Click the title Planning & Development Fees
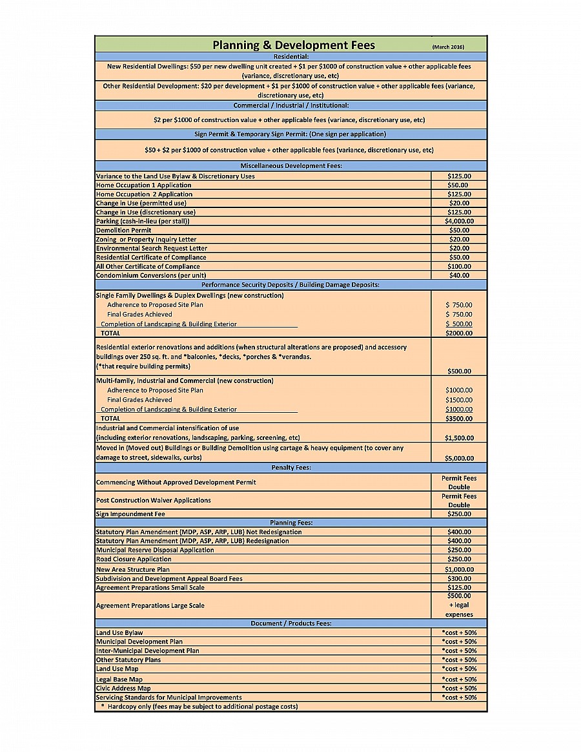click(x=294, y=45)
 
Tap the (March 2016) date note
click(x=448, y=47)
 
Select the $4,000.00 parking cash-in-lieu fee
click(x=459, y=221)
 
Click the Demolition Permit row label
click(x=124, y=230)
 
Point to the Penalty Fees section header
click(x=291, y=468)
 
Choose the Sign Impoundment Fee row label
click(x=130, y=514)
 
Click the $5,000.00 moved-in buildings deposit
click(x=459, y=458)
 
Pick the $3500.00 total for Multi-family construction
click(x=459, y=419)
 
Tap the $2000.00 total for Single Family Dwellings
click(x=459, y=333)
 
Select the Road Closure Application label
click(x=134, y=559)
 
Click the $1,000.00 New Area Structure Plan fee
click(x=459, y=570)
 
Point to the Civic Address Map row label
click(x=123, y=688)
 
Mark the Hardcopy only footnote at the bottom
click(x=199, y=706)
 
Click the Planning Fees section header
click(x=291, y=523)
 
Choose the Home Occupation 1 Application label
click(x=143, y=185)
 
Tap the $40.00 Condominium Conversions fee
click(x=459, y=275)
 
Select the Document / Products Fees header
click(x=291, y=623)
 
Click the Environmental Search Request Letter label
click(x=152, y=248)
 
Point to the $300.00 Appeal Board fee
click(x=459, y=579)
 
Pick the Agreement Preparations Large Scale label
click(x=150, y=605)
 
